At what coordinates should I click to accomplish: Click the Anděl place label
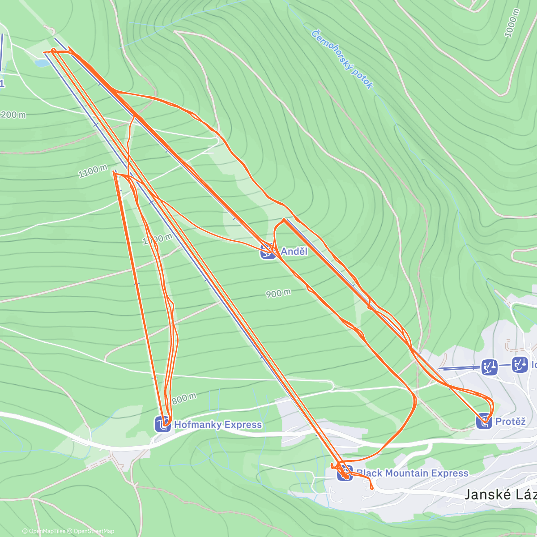tap(294, 251)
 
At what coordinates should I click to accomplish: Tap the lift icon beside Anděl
tap(267, 252)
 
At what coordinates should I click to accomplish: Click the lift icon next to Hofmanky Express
tap(162, 424)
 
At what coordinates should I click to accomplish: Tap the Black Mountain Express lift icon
tap(344, 473)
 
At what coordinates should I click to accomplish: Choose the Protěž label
tap(510, 421)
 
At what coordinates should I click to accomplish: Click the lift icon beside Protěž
tap(484, 421)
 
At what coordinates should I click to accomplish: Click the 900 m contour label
tap(278, 294)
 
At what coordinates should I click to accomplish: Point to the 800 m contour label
tap(184, 398)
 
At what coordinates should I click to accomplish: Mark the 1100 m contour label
tap(93, 171)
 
